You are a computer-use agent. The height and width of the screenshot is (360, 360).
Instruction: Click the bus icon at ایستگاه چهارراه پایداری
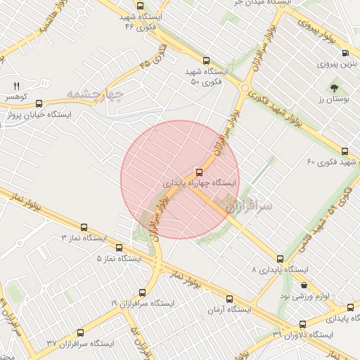(x=199, y=171)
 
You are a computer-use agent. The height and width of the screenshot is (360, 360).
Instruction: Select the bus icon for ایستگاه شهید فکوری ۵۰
(x=206, y=61)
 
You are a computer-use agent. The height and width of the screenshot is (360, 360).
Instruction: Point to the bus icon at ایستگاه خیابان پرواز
(x=39, y=102)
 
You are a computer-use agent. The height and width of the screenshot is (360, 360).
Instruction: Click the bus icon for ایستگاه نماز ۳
(x=84, y=227)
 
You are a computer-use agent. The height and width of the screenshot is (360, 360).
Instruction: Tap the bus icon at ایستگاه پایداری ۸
(x=281, y=259)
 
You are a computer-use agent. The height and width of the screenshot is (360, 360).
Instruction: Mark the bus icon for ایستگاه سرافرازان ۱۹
(x=143, y=292)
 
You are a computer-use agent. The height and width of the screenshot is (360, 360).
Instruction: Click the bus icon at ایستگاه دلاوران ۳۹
(x=303, y=324)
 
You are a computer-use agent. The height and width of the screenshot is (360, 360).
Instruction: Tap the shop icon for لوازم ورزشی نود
(x=304, y=285)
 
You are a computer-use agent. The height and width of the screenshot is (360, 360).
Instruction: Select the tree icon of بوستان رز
(x=334, y=89)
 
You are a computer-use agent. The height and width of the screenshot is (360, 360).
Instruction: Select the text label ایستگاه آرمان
(x=229, y=309)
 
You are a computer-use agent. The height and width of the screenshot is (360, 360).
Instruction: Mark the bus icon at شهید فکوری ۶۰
(x=345, y=150)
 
